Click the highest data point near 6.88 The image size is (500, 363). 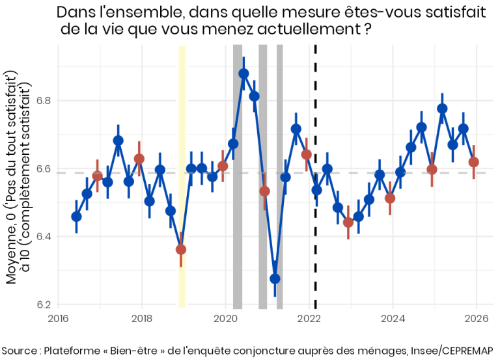tap(243, 74)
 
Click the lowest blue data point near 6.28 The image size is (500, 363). tap(275, 278)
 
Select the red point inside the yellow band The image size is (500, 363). tap(181, 249)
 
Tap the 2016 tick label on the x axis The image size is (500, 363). tap(58, 319)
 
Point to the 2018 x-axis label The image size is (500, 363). tap(142, 319)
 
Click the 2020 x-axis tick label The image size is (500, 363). tap(225, 319)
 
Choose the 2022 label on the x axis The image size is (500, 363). tap(309, 319)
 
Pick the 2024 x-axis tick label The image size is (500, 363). tap(393, 319)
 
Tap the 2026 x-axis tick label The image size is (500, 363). tap(476, 319)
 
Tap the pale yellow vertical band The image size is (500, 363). tap(182, 130)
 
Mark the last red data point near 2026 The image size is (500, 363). tap(474, 162)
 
